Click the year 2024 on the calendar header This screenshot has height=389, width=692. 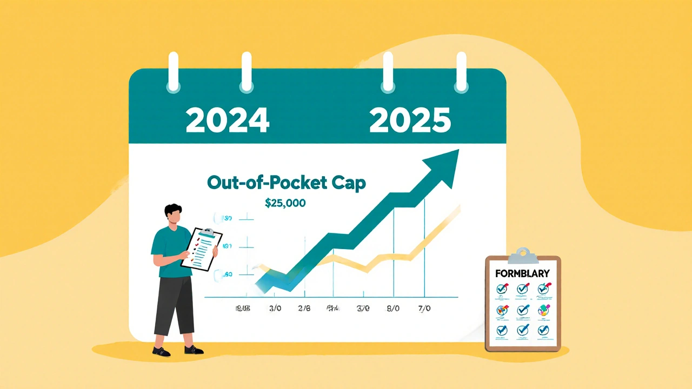pos(227,120)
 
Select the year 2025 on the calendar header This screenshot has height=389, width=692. pos(409,120)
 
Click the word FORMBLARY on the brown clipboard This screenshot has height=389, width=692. pos(522,273)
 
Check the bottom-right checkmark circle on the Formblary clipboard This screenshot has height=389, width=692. pos(543,330)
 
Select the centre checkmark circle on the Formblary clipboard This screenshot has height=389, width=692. pos(522,310)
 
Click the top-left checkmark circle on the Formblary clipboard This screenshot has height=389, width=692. pos(502,290)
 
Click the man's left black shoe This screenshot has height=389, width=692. pos(161,351)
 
